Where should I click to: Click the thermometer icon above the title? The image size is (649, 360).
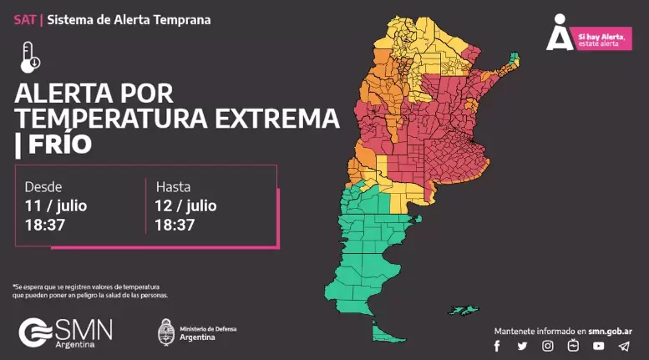coord(30,56)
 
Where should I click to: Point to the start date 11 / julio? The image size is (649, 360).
coord(56,205)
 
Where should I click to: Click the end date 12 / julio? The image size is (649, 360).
coord(185,205)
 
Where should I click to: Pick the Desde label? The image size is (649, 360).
coord(43,186)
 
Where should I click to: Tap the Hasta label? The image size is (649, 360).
coord(173,186)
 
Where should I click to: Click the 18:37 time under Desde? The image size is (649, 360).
coord(45,225)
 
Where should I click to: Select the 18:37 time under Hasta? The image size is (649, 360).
coord(175,225)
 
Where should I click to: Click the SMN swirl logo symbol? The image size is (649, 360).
coord(35,332)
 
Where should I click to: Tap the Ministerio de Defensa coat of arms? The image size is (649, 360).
coord(166,331)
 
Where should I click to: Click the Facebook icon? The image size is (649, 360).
coord(497,346)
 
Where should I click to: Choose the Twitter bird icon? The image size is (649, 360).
coord(522,346)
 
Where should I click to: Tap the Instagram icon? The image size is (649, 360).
coord(548,346)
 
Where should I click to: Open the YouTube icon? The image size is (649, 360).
coord(598,346)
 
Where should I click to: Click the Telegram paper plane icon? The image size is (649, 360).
coord(623,346)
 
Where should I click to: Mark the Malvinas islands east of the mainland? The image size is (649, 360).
coord(460,310)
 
